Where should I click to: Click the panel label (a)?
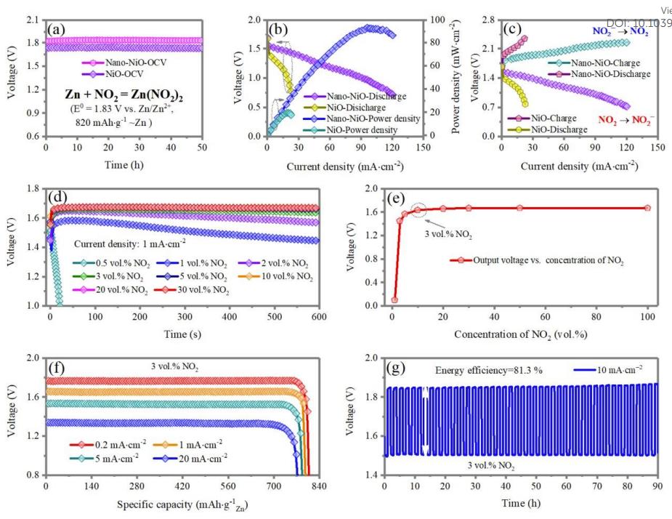pyautogui.click(x=57, y=29)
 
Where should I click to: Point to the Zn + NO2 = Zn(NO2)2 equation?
pyautogui.click(x=124, y=94)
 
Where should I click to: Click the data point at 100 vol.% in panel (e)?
pyautogui.click(x=647, y=208)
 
